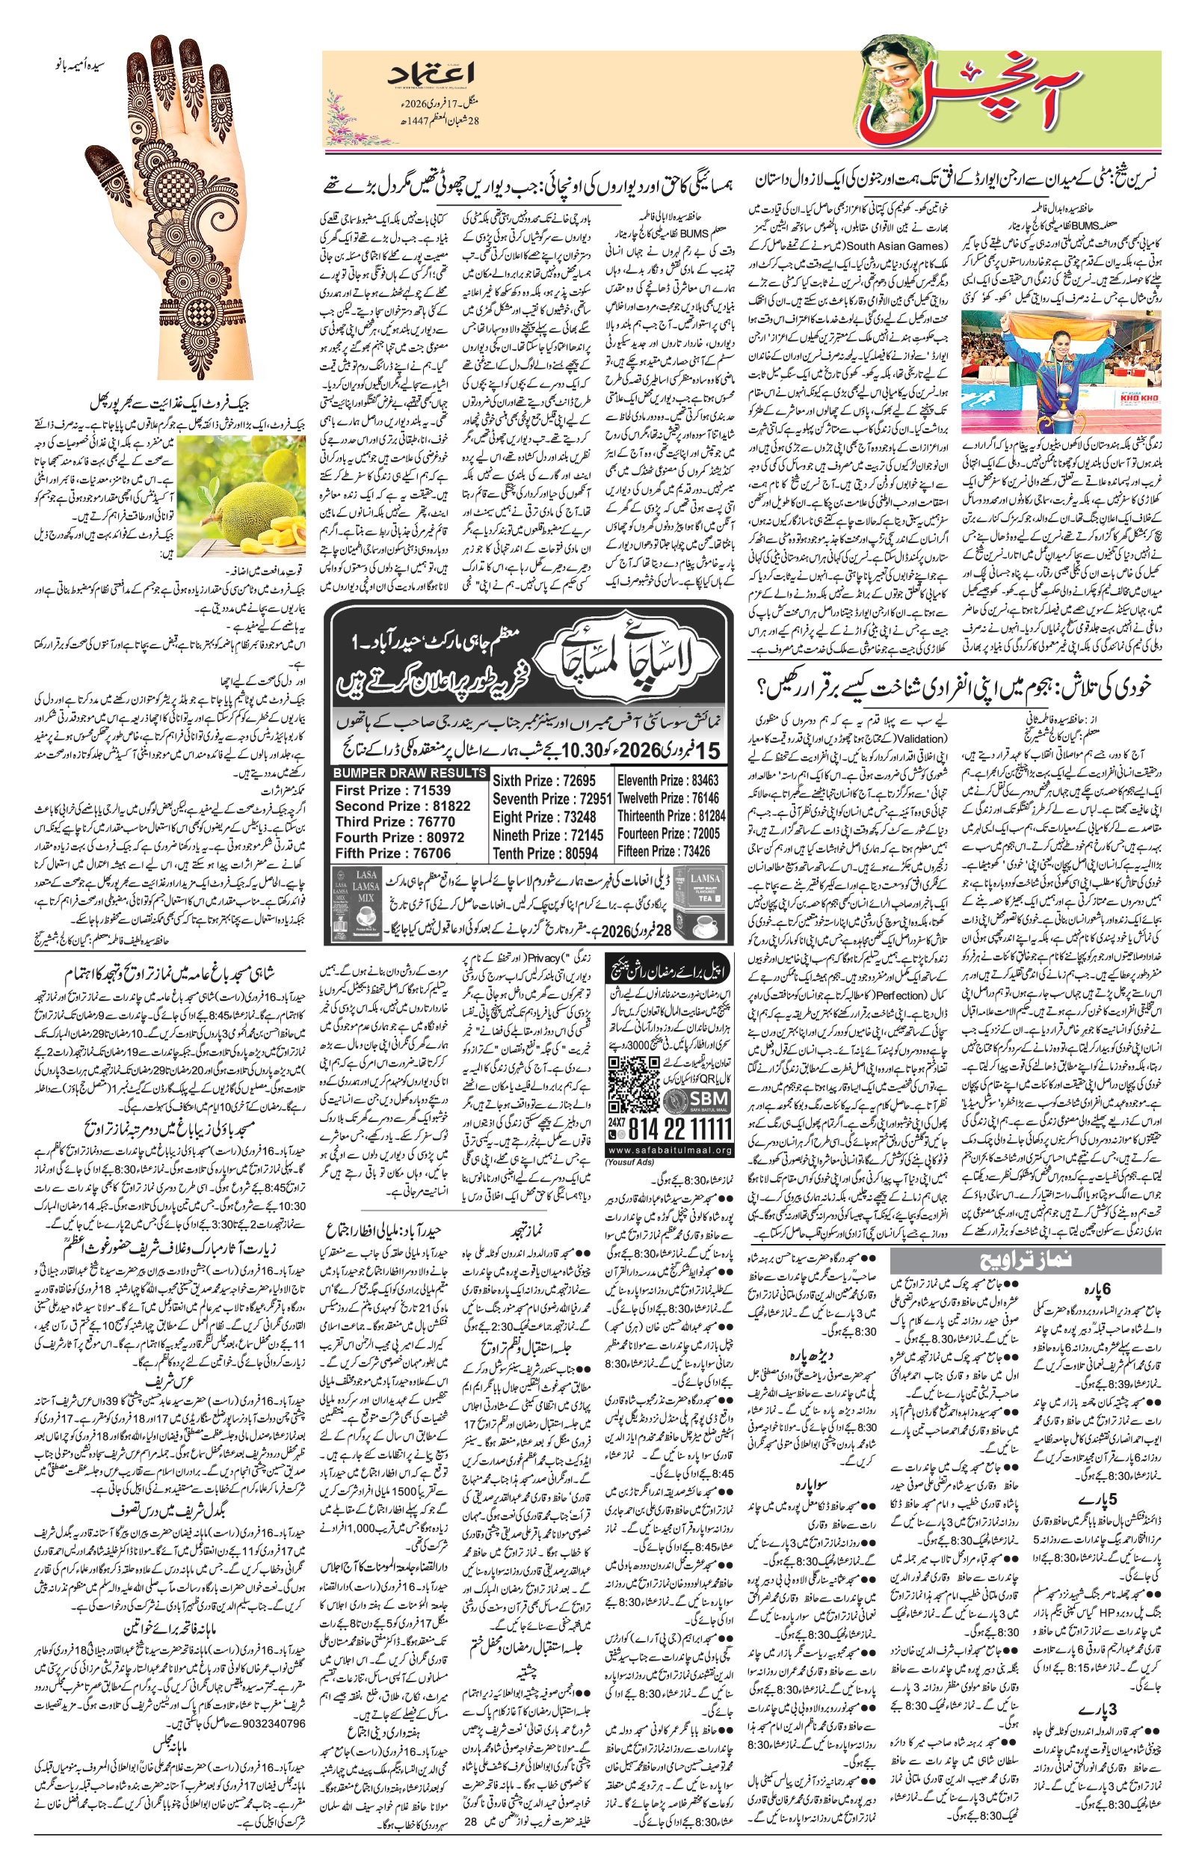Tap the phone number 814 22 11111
[680, 1129]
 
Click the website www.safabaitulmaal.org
[669, 1150]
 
